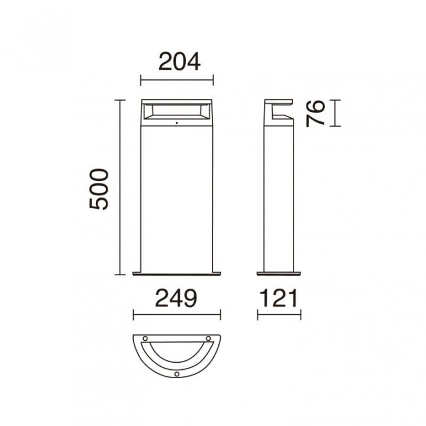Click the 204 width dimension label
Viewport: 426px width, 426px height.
point(179,62)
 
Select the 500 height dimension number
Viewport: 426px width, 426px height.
point(99,189)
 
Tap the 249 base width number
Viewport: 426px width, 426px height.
point(176,298)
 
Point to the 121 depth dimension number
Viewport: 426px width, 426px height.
point(279,298)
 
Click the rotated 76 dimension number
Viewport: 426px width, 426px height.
point(315,114)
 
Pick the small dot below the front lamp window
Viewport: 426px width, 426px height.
point(176,123)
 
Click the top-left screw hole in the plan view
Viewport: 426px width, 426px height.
point(146,338)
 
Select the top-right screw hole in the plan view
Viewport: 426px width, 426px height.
point(208,338)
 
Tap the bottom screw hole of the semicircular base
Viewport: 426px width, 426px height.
point(177,374)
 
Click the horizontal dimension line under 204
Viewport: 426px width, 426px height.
point(177,80)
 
